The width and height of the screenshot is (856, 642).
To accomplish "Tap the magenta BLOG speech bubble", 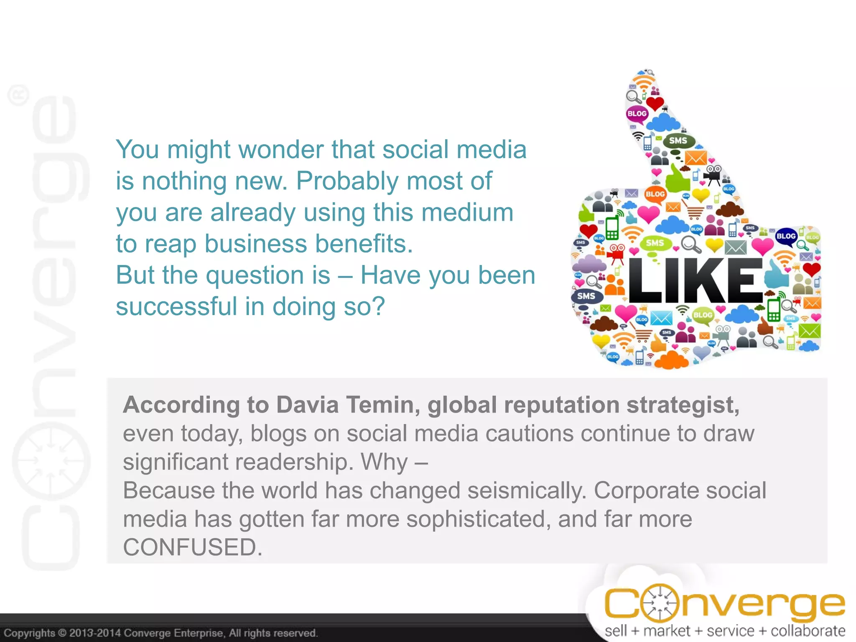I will [637, 114].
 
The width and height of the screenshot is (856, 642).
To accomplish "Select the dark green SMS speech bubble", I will [678, 141].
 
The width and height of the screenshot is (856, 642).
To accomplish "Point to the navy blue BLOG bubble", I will [785, 236].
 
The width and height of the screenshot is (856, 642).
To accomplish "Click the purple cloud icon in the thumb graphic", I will [589, 264].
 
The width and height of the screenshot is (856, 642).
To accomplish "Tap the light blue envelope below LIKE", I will [661, 318].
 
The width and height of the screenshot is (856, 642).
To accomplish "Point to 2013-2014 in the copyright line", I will [94, 633].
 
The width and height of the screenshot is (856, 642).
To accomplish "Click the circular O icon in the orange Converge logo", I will [659, 603].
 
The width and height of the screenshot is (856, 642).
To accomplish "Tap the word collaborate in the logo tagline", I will [808, 631].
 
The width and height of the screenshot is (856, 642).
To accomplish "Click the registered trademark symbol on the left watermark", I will [19, 95].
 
